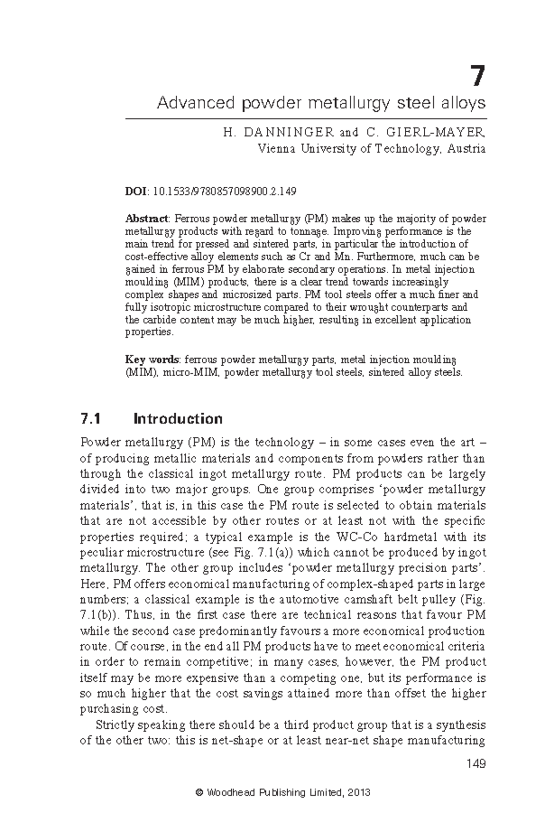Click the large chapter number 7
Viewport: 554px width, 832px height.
pyautogui.click(x=478, y=77)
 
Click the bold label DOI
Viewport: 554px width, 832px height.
pyautogui.click(x=135, y=191)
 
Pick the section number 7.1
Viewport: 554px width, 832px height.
pyautogui.click(x=90, y=419)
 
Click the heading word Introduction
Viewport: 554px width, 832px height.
pyautogui.click(x=178, y=419)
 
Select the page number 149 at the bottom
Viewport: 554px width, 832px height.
pyautogui.click(x=476, y=764)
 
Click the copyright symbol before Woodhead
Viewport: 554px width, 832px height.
pyautogui.click(x=199, y=793)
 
